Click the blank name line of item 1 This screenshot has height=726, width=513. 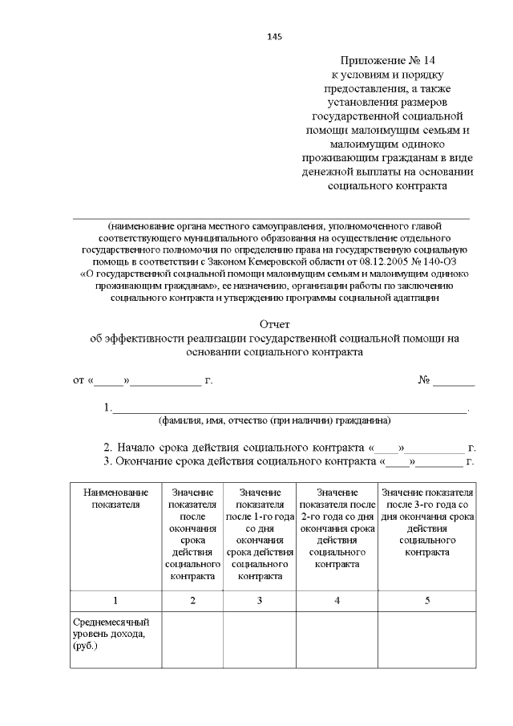point(289,409)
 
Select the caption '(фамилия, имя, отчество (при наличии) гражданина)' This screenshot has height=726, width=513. point(274,420)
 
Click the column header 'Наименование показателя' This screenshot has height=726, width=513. point(116,498)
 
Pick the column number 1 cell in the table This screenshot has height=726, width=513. point(115,601)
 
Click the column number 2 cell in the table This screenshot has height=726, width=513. point(192,601)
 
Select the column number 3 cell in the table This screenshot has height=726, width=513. point(259,601)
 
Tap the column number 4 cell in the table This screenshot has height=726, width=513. point(337,601)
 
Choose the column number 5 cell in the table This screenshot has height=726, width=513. point(426,601)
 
